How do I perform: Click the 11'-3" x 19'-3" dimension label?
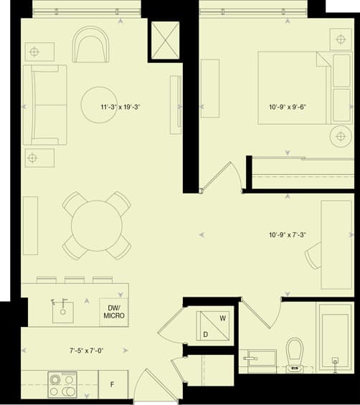coord(120,107)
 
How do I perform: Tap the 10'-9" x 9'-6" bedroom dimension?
coord(288,107)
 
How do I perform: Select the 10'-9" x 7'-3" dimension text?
coord(288,235)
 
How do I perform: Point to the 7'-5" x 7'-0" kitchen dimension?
coord(86,351)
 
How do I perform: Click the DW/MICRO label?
coord(114,312)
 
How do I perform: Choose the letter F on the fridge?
coord(112,385)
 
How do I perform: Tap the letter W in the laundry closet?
coord(223,318)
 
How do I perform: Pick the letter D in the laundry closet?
coord(205,335)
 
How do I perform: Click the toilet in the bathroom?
coord(295,354)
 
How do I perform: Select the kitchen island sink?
coord(63,312)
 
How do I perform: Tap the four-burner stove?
coord(62,385)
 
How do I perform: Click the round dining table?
coord(97,226)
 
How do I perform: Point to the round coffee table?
coord(99,105)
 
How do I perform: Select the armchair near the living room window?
coord(90,44)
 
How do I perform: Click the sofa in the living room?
coord(45,105)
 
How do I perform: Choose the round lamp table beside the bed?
coord(341,136)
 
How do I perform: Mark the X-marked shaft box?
coord(166,41)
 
